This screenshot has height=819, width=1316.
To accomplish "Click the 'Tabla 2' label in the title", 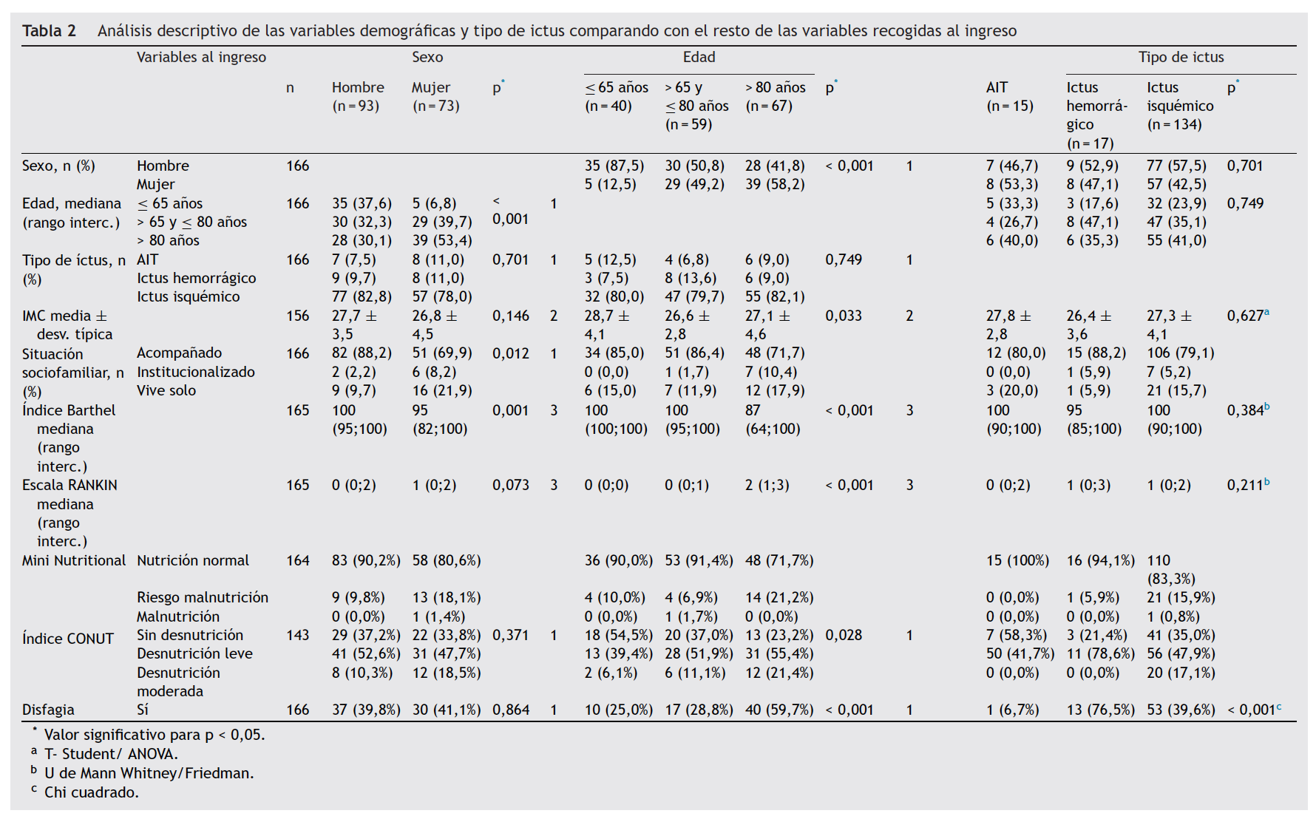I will pyautogui.click(x=49, y=31).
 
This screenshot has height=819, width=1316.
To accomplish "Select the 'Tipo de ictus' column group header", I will pyautogui.click(x=1181, y=58).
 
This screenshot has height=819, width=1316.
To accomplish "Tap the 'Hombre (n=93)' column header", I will pyautogui.click(x=358, y=97).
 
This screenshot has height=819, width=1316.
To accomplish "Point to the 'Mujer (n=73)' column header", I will pyautogui.click(x=435, y=97).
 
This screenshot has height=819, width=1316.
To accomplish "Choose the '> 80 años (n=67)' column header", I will pyautogui.click(x=775, y=97).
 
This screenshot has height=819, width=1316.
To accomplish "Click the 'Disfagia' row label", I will pyautogui.click(x=48, y=710).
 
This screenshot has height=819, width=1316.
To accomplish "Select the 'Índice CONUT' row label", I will pyautogui.click(x=68, y=639).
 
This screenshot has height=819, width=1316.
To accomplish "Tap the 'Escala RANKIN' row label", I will pyautogui.click(x=69, y=486).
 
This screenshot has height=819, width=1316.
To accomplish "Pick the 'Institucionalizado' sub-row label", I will pyautogui.click(x=196, y=372).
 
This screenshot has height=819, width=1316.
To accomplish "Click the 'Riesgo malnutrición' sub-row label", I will pyautogui.click(x=203, y=597).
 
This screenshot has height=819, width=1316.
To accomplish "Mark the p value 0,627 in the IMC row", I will pyautogui.click(x=1245, y=316).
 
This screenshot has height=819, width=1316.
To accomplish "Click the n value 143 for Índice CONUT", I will pyautogui.click(x=298, y=635).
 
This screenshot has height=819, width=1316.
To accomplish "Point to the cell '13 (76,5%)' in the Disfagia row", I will pyautogui.click(x=1100, y=710).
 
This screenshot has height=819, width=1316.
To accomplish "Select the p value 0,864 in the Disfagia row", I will pyautogui.click(x=511, y=710).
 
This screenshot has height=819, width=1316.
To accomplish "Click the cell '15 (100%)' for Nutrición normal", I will pyautogui.click(x=1017, y=560).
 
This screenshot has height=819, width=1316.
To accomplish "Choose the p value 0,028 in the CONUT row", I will pyautogui.click(x=844, y=635).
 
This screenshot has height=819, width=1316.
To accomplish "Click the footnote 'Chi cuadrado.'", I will pyautogui.click(x=92, y=792).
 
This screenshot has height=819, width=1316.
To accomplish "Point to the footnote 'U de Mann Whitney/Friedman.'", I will pyautogui.click(x=149, y=773).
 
